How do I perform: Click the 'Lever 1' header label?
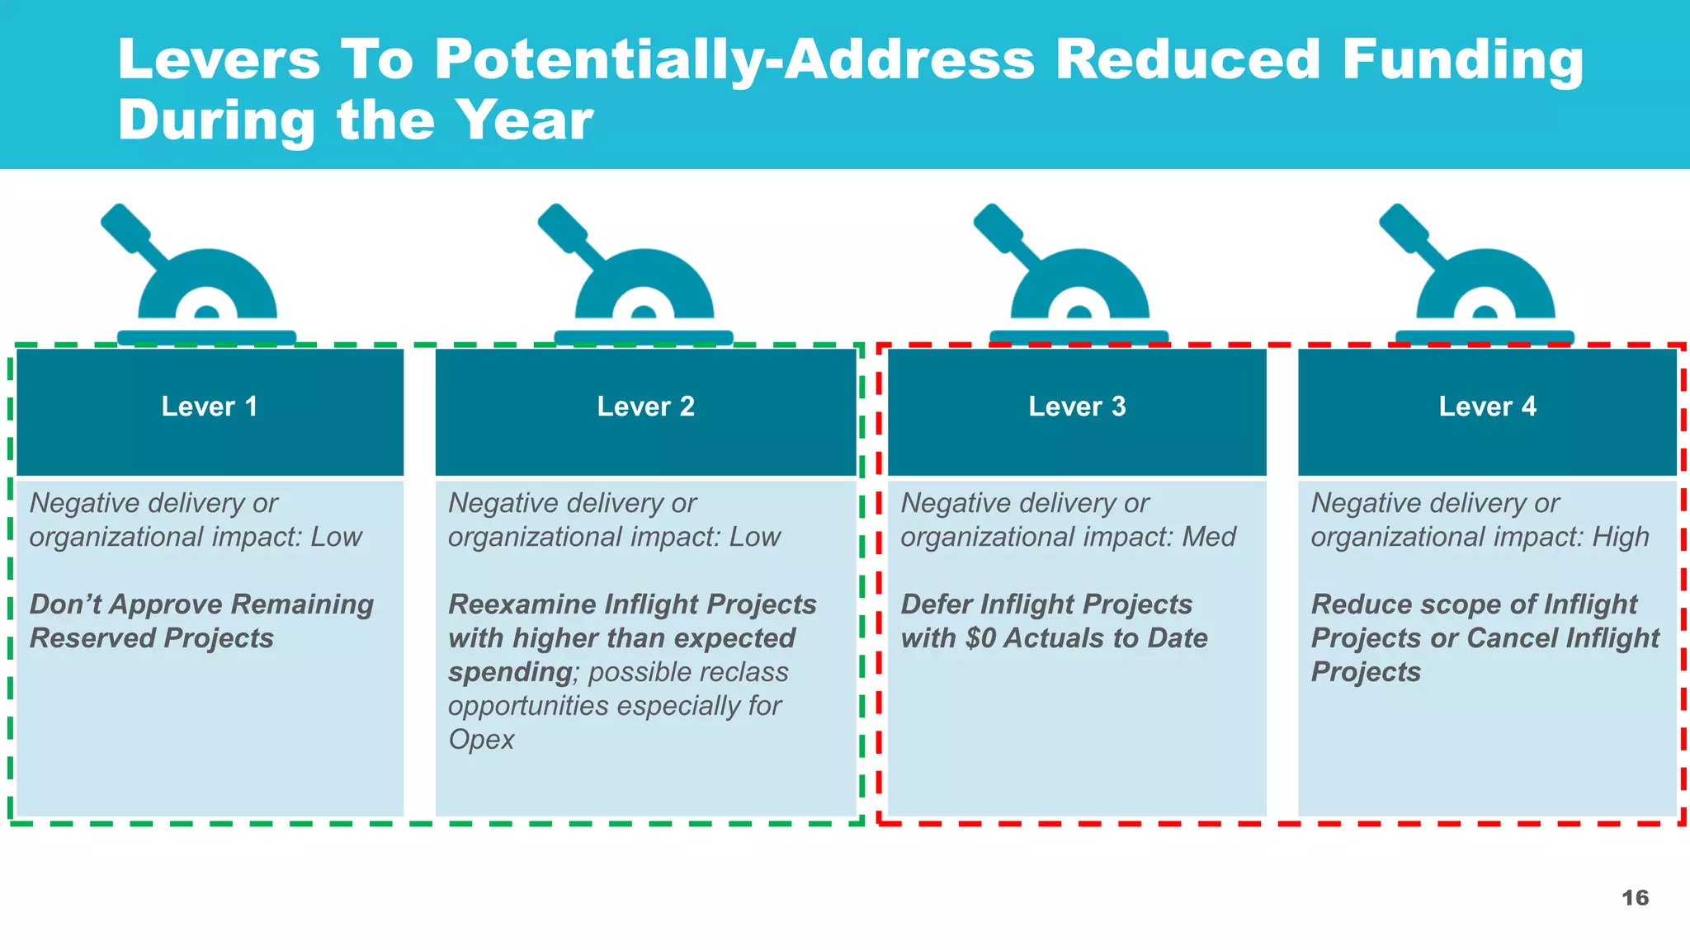coord(210,407)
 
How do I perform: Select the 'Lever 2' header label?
coord(645,407)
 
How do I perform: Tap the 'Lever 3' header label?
coord(1077,407)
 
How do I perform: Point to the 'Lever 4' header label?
coord(1487,407)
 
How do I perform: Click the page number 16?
coord(1635,898)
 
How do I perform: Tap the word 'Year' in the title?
coord(524,120)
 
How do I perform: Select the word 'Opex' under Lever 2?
coord(481,740)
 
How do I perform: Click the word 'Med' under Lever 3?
coord(1209,538)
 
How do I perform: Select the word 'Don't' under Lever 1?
coord(66,604)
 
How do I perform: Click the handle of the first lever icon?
coord(126,228)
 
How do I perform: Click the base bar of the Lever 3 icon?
coord(1079,337)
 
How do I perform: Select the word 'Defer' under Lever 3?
coord(937,604)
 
